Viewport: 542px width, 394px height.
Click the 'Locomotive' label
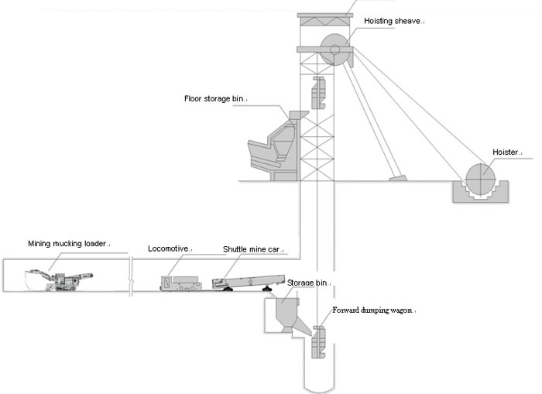point(169,248)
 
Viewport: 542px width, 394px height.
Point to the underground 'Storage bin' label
point(308,283)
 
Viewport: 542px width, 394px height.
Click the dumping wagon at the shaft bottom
point(317,341)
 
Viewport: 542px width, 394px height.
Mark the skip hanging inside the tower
point(317,93)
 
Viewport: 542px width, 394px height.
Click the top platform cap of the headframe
point(325,17)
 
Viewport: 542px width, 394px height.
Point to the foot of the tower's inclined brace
point(398,180)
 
